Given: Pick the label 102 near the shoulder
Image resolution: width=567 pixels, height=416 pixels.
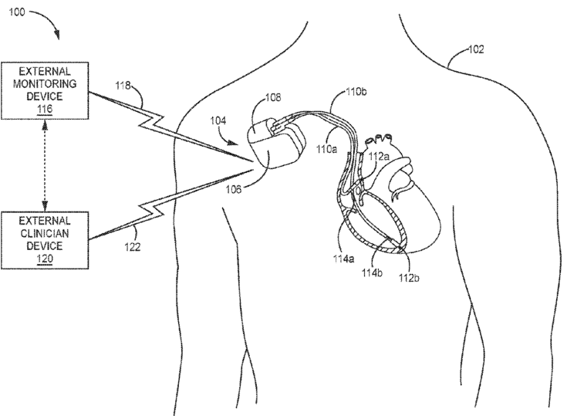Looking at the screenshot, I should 476,50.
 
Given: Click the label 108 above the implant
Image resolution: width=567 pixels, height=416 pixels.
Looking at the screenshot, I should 273,99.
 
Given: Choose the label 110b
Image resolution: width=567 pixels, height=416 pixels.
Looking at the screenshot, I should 355,93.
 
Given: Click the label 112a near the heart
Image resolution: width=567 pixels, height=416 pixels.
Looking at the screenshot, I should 377,157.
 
